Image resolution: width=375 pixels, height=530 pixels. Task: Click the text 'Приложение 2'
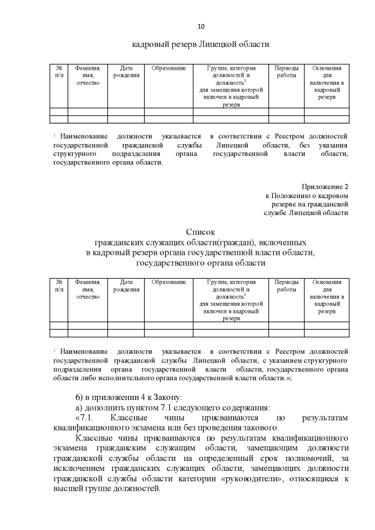point(326,186)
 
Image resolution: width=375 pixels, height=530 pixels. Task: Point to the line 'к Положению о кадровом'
point(306,195)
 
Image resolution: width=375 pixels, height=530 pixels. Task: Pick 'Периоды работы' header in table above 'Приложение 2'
point(287,72)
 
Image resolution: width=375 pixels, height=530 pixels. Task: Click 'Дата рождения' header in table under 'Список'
point(126,286)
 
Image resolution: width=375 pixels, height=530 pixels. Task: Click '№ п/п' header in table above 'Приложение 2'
point(59,72)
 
